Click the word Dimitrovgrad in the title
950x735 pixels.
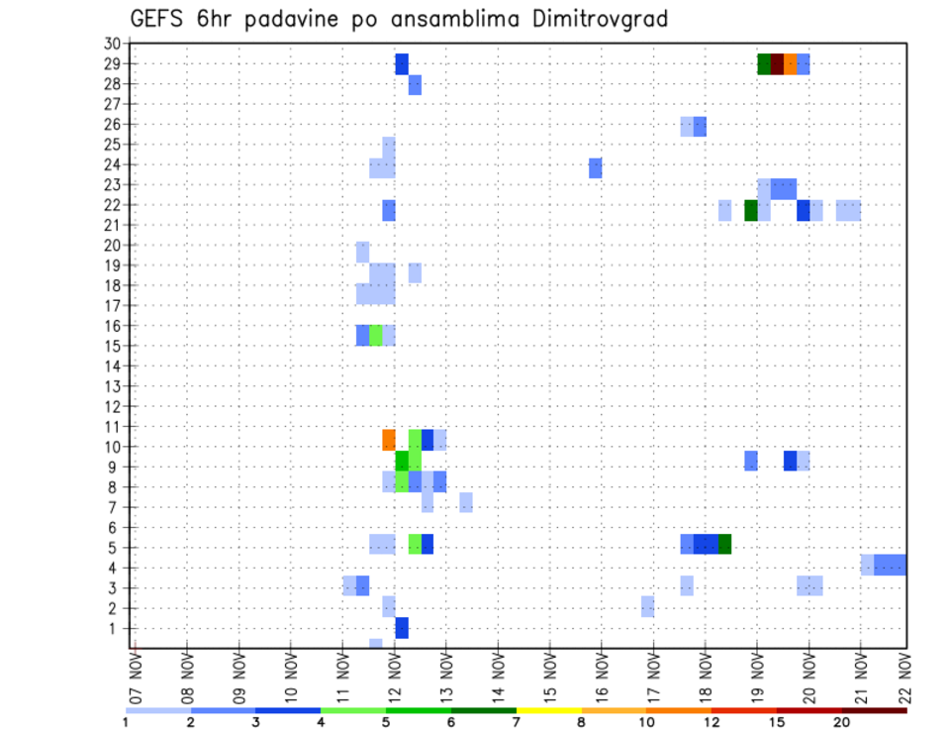(x=601, y=19)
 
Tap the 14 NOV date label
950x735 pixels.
(x=499, y=678)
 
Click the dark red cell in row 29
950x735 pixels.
(x=777, y=64)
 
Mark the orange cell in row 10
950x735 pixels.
(x=389, y=439)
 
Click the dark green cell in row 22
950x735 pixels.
(x=751, y=210)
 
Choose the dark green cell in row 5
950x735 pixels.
(x=725, y=544)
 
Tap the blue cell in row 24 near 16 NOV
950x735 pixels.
(x=596, y=167)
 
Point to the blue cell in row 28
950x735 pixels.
(x=415, y=85)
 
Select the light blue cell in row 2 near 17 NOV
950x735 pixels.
(x=647, y=606)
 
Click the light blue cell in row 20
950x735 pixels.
(x=362, y=251)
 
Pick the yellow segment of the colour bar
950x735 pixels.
(x=548, y=710)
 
